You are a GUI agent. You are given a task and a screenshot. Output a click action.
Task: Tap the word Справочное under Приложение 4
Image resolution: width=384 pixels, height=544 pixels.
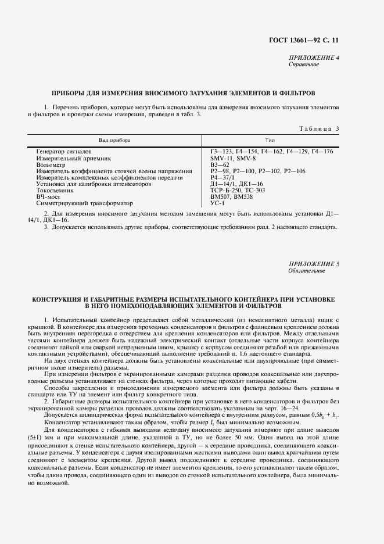click(x=304, y=64)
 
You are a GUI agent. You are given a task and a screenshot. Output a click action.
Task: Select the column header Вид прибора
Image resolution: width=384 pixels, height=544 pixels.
click(x=114, y=141)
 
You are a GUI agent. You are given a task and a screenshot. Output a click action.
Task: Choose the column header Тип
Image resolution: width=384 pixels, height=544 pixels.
click(x=270, y=141)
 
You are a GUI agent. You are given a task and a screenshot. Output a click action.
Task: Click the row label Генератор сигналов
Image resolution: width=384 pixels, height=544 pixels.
click(x=63, y=152)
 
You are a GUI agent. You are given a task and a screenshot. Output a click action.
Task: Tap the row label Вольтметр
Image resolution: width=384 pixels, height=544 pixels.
click(x=52, y=164)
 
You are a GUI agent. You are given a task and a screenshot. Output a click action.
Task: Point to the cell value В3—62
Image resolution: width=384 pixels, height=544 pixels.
click(x=221, y=164)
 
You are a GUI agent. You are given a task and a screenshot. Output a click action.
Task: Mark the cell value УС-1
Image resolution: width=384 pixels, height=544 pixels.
click(x=217, y=203)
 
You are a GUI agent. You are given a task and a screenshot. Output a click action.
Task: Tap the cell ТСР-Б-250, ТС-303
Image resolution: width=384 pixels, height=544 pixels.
click(x=238, y=191)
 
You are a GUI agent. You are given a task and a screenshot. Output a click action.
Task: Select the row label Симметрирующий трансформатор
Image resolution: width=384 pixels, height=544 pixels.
click(x=84, y=203)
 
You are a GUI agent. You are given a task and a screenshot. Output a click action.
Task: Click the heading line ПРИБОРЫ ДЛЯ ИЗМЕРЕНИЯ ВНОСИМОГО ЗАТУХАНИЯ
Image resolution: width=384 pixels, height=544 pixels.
click(x=184, y=92)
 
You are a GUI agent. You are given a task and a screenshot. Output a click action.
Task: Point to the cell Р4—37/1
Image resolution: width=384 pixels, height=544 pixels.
click(x=222, y=178)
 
